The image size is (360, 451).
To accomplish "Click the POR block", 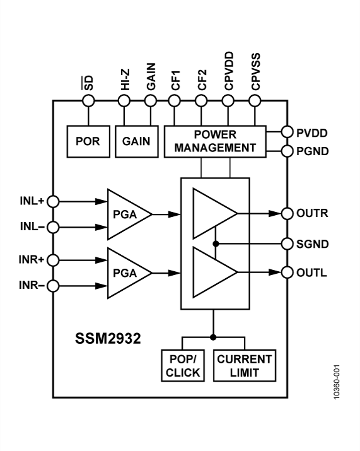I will [x=88, y=141].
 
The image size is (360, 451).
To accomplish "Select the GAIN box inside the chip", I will [x=136, y=141].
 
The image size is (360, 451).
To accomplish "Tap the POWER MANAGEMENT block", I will [x=214, y=141].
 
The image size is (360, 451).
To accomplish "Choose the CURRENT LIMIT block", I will [x=244, y=366].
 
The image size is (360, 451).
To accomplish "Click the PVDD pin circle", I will [x=287, y=132].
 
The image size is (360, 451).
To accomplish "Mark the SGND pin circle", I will [x=287, y=243].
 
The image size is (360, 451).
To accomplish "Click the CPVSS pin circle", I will [x=255, y=100].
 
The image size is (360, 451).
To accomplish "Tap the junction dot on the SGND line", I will [x=215, y=243].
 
